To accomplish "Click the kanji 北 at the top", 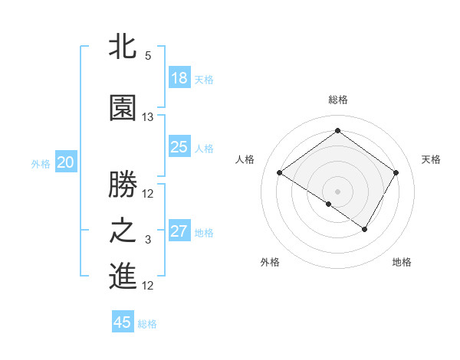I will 123,47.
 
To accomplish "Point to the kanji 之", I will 123,231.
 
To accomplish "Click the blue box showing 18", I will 179,78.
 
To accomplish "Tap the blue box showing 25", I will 179,147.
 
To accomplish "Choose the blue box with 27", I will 179,231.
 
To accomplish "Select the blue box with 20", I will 66,162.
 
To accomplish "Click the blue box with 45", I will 123,322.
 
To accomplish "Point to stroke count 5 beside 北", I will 148,56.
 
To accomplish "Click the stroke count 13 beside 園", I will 148,117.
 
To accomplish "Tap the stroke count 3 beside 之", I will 148,241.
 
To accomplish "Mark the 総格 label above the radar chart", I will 337,100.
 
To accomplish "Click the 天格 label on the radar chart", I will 431,159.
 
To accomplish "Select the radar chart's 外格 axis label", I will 270,262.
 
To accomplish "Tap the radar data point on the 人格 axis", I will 280,173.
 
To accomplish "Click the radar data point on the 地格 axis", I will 365,229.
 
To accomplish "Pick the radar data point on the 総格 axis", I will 337,130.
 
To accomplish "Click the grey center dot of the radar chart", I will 337,191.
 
